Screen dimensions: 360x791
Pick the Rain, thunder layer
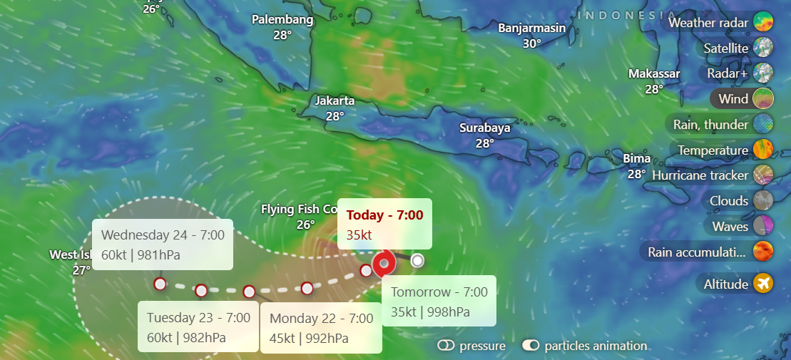[721, 125]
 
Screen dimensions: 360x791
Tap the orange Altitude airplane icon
[762, 284]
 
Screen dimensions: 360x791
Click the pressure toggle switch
[446, 346]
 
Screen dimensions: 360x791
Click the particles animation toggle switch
[531, 346]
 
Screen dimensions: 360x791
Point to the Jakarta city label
[335, 101]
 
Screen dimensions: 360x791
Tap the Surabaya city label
[484, 128]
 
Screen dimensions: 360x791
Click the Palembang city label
[282, 20]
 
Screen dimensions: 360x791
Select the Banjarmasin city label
[531, 29]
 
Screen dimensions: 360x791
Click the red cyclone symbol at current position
[384, 264]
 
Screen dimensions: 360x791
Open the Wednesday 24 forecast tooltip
[163, 245]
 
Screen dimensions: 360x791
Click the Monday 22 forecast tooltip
[321, 328]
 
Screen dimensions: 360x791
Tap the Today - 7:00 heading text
[384, 215]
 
